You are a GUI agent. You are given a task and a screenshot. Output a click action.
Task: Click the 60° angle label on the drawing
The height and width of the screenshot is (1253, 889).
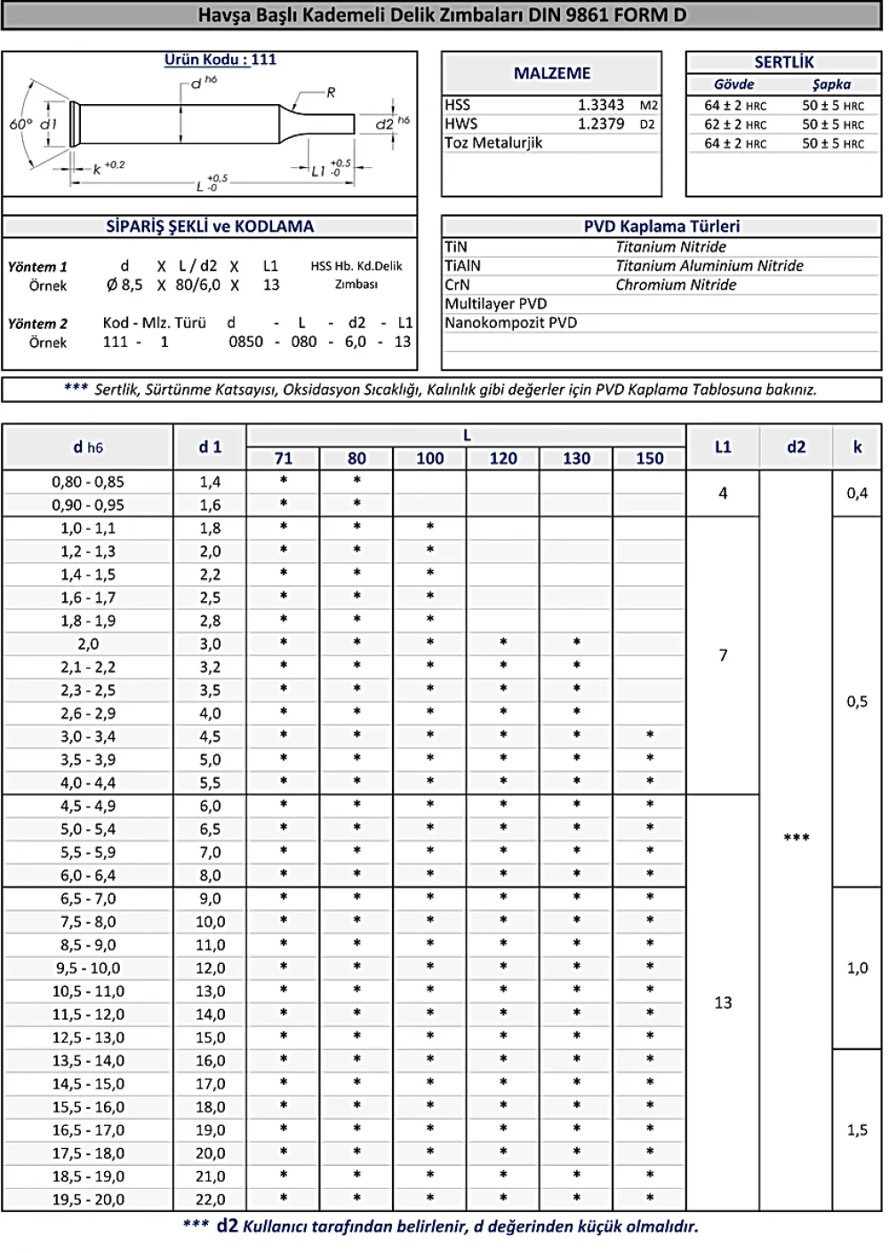coord(20,124)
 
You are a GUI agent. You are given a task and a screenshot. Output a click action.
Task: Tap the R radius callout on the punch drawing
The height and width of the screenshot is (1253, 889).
coord(331,92)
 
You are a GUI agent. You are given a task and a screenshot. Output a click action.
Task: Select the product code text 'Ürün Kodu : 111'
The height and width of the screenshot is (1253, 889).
coord(220,60)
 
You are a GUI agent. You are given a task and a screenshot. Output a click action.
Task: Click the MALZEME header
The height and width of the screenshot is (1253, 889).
coord(552,74)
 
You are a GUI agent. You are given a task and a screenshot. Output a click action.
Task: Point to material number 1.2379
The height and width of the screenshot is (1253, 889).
coord(601,124)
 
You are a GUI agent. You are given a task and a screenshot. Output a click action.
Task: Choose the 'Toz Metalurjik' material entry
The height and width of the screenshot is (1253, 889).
coord(493,143)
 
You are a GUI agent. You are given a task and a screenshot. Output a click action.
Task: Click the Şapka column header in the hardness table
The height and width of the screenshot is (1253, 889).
coord(831,84)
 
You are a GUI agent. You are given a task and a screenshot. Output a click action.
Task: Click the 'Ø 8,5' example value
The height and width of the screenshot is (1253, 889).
coord(124,285)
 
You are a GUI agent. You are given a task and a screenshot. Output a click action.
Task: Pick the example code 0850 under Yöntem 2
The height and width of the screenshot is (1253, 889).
coord(245,342)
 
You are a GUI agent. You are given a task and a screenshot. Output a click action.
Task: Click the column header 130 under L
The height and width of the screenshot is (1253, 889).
coord(576,459)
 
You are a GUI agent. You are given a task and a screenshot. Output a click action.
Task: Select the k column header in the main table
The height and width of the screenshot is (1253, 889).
coord(857,447)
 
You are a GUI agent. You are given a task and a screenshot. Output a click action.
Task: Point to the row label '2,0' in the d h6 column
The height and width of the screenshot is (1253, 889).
coord(88,644)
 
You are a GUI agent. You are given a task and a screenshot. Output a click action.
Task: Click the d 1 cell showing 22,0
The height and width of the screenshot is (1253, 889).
coord(211,1200)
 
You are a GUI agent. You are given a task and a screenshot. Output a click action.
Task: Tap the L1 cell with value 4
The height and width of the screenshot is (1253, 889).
coord(723,493)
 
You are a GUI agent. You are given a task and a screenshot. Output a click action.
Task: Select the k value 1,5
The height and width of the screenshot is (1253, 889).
coord(857,1130)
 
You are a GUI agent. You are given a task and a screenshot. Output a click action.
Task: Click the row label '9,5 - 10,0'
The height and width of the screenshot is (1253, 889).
coord(88,968)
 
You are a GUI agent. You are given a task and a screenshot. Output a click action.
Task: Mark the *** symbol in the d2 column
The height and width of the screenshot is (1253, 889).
coord(797,839)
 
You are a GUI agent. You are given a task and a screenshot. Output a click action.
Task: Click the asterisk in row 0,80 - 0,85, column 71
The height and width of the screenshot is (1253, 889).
coord(284,481)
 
